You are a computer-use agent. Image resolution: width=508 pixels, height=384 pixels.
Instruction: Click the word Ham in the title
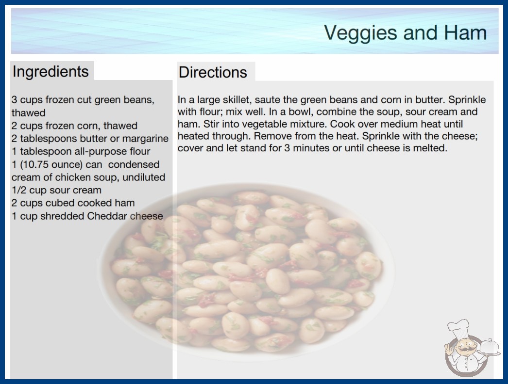click(465, 32)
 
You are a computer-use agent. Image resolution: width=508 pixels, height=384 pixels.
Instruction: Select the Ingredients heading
click(51, 72)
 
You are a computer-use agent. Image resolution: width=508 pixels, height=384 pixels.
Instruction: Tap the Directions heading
click(213, 72)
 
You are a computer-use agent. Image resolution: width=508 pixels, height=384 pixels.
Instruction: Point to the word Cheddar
click(107, 216)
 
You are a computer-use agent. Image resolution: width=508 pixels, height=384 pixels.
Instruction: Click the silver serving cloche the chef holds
click(490, 348)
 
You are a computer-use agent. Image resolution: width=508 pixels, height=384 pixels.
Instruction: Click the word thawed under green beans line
click(29, 112)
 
